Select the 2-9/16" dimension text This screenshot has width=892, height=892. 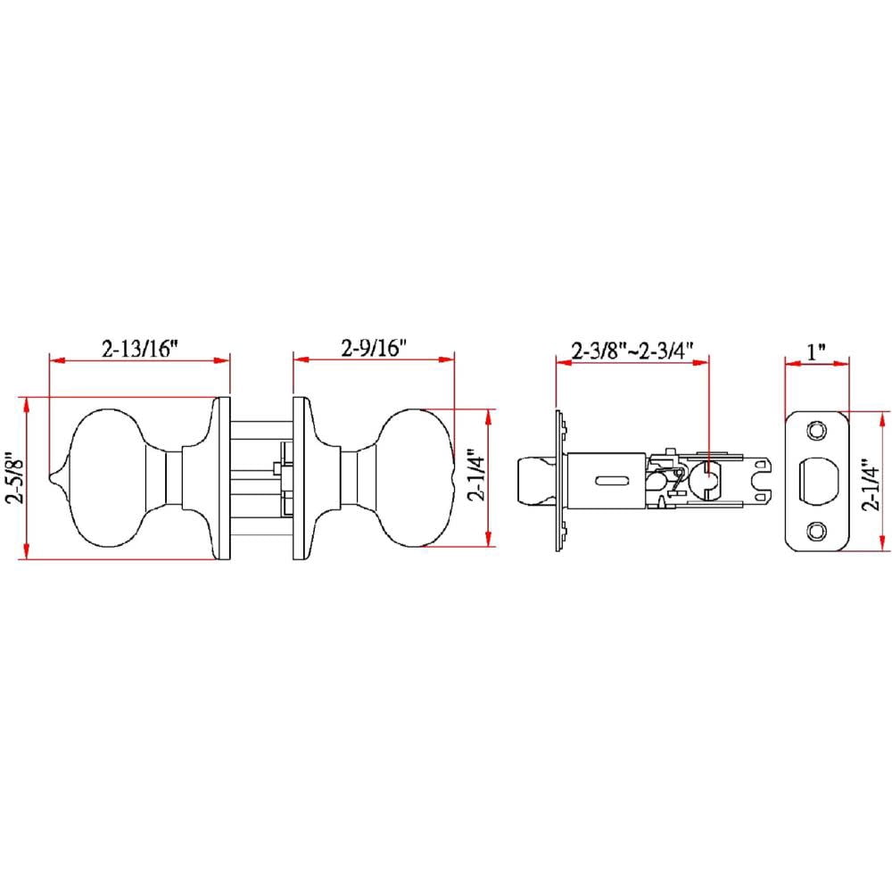[374, 348]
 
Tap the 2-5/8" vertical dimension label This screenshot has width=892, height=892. [15, 478]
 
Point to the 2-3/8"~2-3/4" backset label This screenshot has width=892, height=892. [632, 351]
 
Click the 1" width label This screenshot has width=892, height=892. [816, 351]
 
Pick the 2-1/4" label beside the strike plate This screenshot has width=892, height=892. [871, 484]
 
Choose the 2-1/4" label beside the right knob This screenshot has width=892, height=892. [476, 478]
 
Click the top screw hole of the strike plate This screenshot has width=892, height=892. [816, 431]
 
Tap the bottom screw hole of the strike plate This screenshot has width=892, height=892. [816, 532]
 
